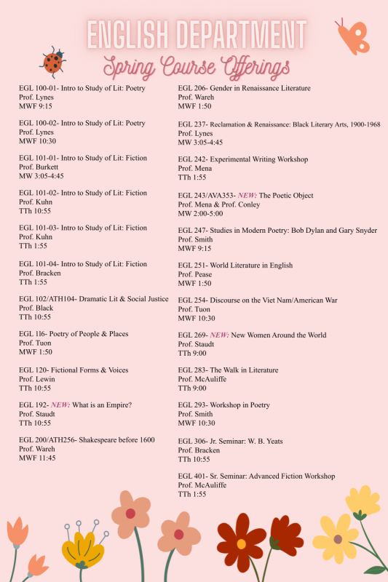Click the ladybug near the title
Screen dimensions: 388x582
[53, 62]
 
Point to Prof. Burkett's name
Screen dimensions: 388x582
[40, 167]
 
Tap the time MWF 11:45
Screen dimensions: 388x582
[38, 458]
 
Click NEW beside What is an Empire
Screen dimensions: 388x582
[60, 404]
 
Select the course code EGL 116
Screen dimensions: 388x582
[32, 334]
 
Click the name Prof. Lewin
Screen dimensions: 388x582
[37, 379]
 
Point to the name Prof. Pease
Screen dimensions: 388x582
[195, 274]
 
